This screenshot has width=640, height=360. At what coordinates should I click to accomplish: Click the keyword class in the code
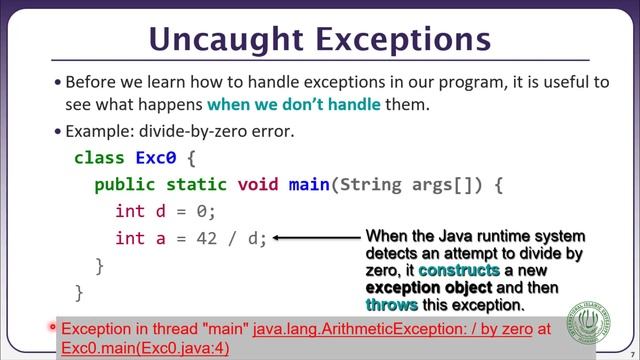click(x=99, y=158)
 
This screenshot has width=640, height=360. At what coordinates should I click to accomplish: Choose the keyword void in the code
click(x=258, y=185)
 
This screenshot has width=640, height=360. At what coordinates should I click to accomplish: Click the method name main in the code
click(x=309, y=185)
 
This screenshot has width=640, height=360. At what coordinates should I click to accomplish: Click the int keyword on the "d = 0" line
click(x=130, y=211)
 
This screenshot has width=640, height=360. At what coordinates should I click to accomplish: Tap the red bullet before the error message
click(x=52, y=327)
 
